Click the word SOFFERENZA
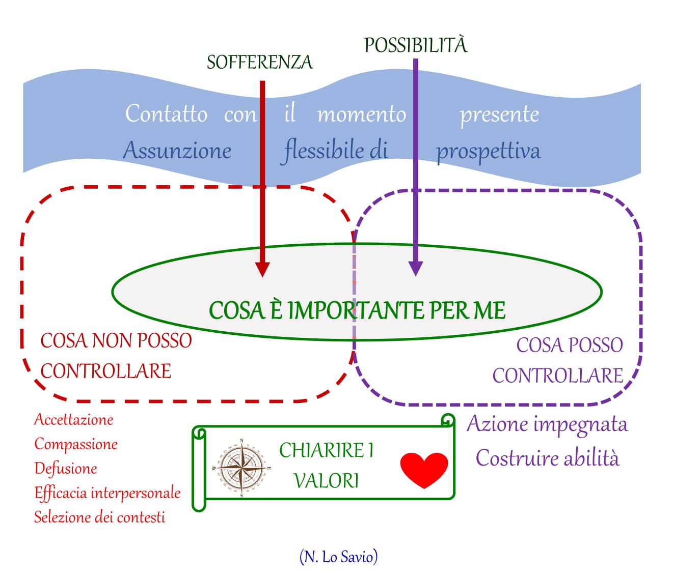[x=259, y=62]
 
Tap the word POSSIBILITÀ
[x=415, y=45]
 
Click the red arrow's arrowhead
[x=262, y=269]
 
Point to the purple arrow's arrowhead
[x=416, y=268]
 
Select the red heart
[x=424, y=470]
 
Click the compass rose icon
[x=240, y=467]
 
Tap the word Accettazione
[x=73, y=420]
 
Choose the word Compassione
[x=76, y=444]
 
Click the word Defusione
[x=65, y=469]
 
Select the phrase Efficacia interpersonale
[x=107, y=493]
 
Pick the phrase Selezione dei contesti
[x=99, y=517]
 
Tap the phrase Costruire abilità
[x=547, y=458]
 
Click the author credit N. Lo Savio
[x=338, y=557]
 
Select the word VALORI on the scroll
[x=326, y=481]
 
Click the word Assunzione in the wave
[x=177, y=151]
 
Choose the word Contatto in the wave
[x=166, y=113]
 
